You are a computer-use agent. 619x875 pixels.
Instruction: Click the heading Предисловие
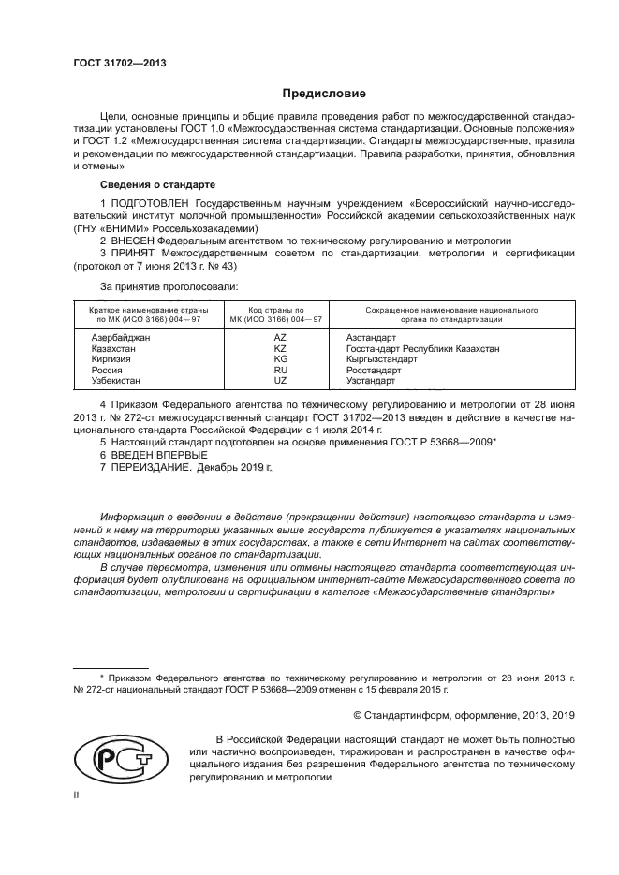pos(317,94)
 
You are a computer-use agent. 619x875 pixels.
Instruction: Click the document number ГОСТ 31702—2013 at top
pos(113,64)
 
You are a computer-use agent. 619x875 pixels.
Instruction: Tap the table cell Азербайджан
pos(120,336)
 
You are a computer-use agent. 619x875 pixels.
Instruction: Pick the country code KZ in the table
pos(279,347)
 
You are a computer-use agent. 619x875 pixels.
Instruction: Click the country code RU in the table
pos(279,370)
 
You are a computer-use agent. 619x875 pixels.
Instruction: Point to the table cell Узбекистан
pos(116,381)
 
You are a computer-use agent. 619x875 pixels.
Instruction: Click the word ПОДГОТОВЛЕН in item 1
pos(151,203)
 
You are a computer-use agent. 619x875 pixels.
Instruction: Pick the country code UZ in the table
pos(279,381)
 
